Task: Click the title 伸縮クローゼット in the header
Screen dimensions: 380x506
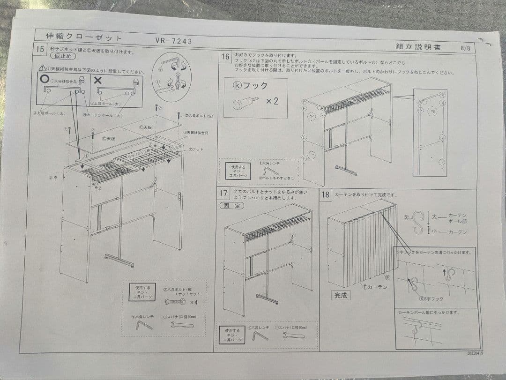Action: point(84,37)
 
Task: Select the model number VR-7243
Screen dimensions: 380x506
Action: point(173,41)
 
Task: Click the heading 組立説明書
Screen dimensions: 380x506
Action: point(418,46)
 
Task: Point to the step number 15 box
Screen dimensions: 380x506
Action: point(40,49)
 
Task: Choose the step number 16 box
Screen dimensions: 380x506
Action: point(225,56)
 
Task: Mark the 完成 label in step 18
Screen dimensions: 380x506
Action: point(341,295)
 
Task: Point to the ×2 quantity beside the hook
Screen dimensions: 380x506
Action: point(272,101)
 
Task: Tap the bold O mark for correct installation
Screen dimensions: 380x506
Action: point(45,78)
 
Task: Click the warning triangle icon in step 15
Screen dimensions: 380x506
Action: point(42,68)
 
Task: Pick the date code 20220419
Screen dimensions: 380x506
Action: point(474,353)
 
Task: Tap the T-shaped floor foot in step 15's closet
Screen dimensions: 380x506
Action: point(119,260)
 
